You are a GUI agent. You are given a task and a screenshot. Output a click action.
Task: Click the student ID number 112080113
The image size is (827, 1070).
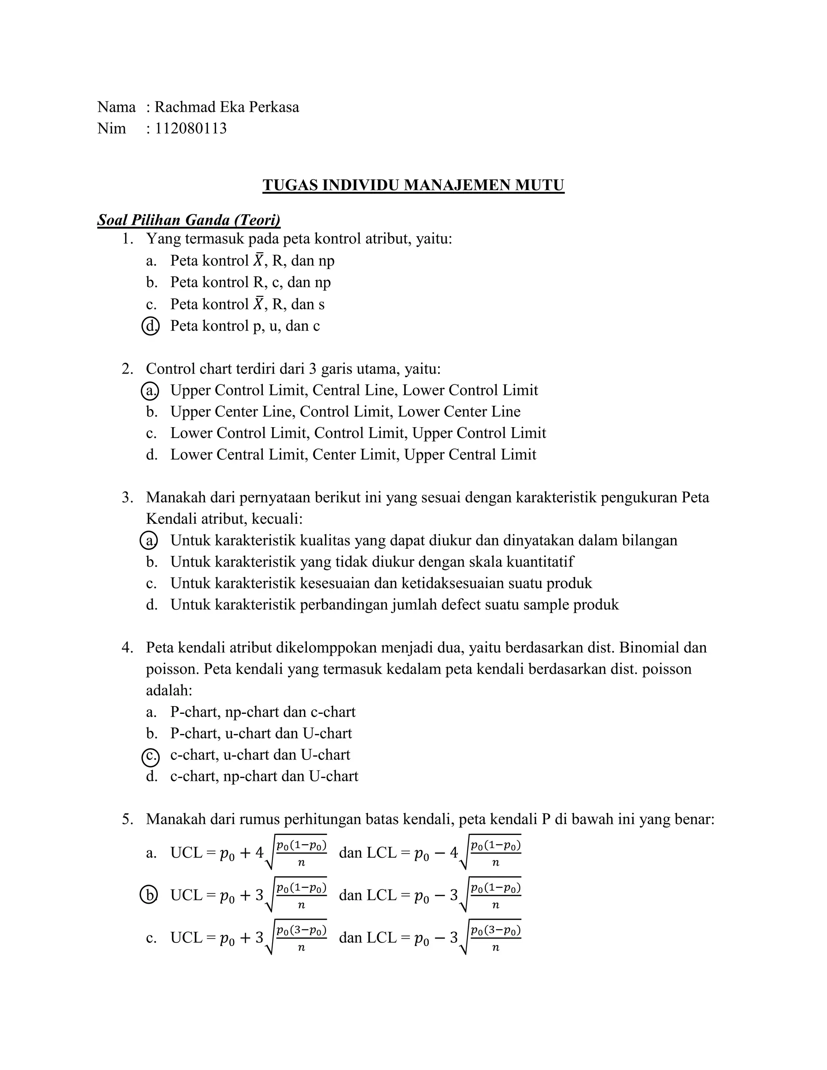click(x=191, y=128)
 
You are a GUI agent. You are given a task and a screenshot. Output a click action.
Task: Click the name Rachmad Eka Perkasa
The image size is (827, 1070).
click(x=227, y=107)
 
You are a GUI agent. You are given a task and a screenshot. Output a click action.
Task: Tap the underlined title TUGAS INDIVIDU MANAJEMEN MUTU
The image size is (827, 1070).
click(x=413, y=185)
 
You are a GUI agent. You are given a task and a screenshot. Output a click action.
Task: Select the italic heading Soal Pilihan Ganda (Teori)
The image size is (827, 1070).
click(x=189, y=220)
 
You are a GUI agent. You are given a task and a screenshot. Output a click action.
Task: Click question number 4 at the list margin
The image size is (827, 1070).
click(x=127, y=648)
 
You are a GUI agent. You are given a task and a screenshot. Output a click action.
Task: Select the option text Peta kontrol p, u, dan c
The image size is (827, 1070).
click(x=245, y=326)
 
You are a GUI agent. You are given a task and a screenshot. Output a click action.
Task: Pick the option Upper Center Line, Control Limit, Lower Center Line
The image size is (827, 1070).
click(x=345, y=411)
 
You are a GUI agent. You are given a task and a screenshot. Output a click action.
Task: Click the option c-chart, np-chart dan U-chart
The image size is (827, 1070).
click(x=264, y=776)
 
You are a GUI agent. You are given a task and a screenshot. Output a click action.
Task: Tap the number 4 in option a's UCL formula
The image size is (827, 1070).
click(x=259, y=853)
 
